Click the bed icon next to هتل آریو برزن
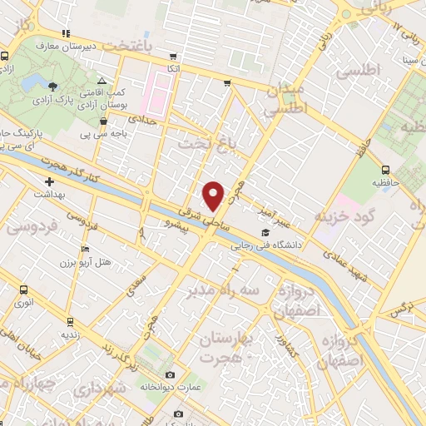[85, 249]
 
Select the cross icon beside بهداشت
[49, 181]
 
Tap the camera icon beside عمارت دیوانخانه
[170, 375]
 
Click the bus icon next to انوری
[23, 290]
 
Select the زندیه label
[69, 334]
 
